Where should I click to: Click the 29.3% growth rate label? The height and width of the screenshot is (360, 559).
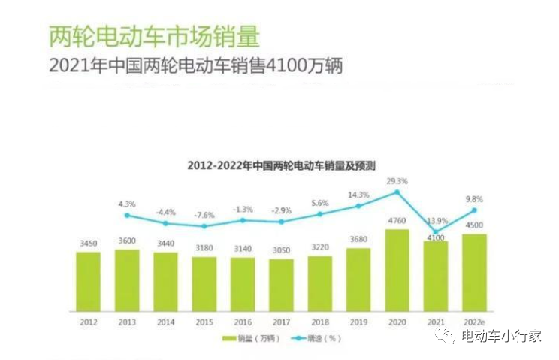[x=397, y=181]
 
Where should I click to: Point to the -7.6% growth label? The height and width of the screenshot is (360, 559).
[x=204, y=214]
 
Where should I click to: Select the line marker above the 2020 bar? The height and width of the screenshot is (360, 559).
[x=397, y=192]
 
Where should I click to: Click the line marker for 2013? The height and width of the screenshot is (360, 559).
[x=127, y=215]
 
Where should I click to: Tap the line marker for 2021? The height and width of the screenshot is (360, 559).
[x=437, y=232]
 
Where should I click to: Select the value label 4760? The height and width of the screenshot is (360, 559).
[x=397, y=221]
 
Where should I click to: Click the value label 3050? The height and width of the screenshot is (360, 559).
[x=281, y=250]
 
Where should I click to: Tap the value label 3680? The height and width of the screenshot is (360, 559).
[x=358, y=240]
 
